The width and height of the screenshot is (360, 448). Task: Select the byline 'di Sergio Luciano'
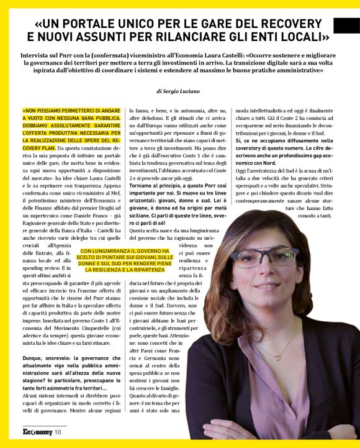[x=179, y=91]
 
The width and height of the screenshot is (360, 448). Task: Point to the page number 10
[x=58, y=432]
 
